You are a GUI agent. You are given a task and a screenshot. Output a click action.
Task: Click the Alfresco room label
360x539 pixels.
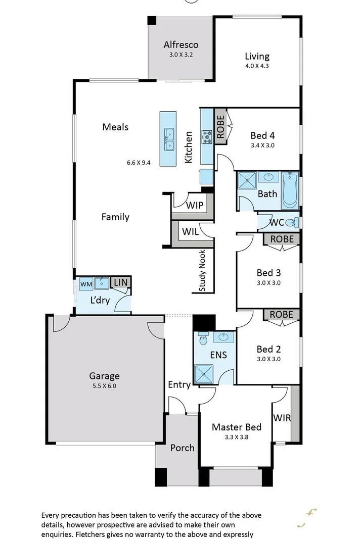click(x=181, y=44)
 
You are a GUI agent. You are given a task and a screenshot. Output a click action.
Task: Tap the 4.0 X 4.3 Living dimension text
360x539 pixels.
click(x=257, y=66)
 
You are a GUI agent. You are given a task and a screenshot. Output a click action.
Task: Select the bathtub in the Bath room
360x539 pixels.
click(x=290, y=189)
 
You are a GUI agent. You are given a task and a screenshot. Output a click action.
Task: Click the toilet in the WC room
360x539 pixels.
click(x=292, y=222)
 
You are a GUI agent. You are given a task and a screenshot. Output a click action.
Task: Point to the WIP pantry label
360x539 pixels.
click(x=194, y=206)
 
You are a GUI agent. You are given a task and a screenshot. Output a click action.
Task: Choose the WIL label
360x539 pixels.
click(x=190, y=232)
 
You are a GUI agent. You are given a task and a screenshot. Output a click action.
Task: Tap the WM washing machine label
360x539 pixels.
click(x=86, y=284)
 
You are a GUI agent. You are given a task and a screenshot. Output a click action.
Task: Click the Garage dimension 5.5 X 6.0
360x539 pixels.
click(x=105, y=386)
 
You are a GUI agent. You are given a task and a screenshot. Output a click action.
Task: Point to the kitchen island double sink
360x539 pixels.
click(x=168, y=139)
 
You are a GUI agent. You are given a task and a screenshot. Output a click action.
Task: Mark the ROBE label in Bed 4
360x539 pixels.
click(x=220, y=127)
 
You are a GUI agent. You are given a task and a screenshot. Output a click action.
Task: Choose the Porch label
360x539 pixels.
click(x=182, y=448)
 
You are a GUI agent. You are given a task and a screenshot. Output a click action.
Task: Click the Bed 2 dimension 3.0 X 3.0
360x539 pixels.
click(x=268, y=359)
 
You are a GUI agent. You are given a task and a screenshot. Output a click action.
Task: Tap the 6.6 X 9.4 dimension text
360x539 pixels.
click(x=139, y=163)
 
